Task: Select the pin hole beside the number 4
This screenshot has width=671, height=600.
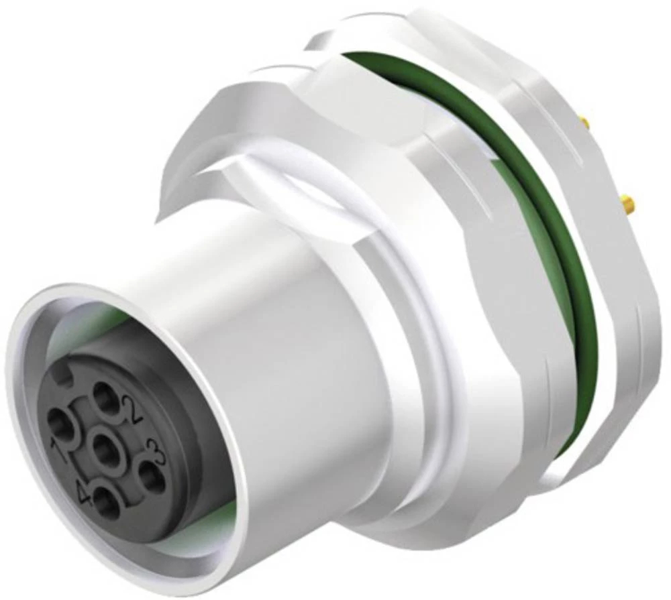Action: (x=105, y=503)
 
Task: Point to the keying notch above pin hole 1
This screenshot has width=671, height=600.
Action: (x=66, y=379)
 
